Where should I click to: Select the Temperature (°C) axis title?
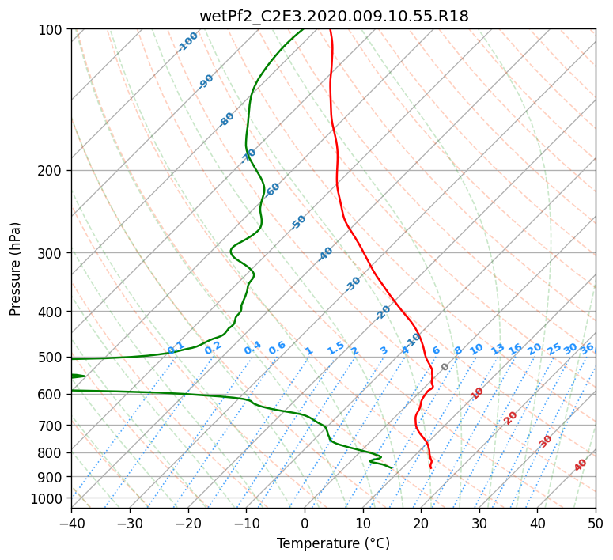tap(333, 543)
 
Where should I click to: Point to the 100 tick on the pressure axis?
tap(51, 30)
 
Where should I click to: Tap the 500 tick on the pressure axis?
tap(51, 358)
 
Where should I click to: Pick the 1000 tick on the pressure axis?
tap(48, 498)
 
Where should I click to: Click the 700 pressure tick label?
tap(51, 426)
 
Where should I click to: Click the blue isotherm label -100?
tap(187, 42)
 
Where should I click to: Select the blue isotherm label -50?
tap(298, 222)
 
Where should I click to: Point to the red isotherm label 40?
tap(581, 465)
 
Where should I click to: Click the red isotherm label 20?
tap(510, 417)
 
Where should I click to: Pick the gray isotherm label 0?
tap(445, 367)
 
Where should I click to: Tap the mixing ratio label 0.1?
tap(176, 348)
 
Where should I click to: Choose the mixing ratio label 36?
tap(587, 348)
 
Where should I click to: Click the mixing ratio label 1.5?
tap(335, 348)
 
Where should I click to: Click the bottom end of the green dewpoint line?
tap(392, 468)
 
